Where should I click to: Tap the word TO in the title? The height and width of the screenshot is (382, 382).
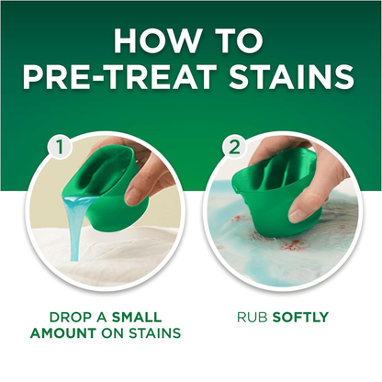[x=240, y=41]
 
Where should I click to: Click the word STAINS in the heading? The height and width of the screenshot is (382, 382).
[x=292, y=75]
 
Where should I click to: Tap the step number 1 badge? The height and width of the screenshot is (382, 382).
[x=60, y=147]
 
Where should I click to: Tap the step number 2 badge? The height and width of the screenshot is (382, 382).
[x=234, y=147]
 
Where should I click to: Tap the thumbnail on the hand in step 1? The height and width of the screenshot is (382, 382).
[x=133, y=197]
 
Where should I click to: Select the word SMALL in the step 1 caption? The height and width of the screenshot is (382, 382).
[x=137, y=318]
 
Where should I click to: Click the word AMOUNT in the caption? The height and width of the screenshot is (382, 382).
[x=62, y=333]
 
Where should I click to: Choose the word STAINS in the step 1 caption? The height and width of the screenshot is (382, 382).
[x=154, y=333]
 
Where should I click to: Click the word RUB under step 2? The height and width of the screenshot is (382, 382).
[x=253, y=318]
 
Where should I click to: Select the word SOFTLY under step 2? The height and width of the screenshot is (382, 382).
[x=300, y=318]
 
